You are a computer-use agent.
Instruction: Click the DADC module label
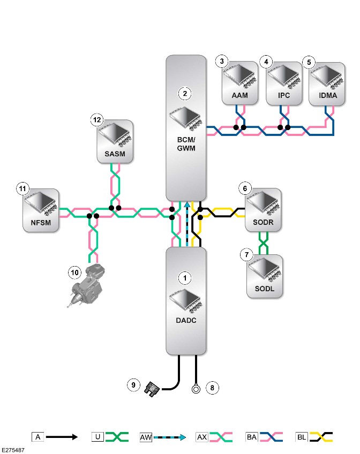[x=186, y=320]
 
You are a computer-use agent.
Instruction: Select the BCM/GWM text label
[x=186, y=144]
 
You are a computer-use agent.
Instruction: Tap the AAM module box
[x=240, y=83]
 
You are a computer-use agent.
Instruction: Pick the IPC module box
[x=284, y=84]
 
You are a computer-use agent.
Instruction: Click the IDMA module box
[x=327, y=84]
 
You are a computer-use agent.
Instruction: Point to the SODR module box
[x=263, y=210]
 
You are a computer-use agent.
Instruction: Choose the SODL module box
[x=265, y=276]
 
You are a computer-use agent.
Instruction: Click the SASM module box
[x=115, y=141]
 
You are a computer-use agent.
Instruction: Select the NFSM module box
[x=41, y=210]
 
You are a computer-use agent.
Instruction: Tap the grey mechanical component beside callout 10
[x=86, y=285]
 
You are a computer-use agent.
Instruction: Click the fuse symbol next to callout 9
[x=152, y=389]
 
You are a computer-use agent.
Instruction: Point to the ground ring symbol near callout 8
[x=196, y=388]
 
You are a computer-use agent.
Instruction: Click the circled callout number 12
[x=97, y=119]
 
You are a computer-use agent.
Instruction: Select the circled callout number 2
[x=185, y=94]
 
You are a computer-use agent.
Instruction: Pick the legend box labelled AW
[x=146, y=437]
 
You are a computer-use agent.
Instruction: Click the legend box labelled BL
[x=301, y=437]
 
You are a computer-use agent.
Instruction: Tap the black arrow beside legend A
[x=62, y=437]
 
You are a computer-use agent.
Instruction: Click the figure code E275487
[x=13, y=450]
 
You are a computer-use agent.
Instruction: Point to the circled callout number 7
[x=247, y=255]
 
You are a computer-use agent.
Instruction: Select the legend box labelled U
[x=97, y=437]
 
